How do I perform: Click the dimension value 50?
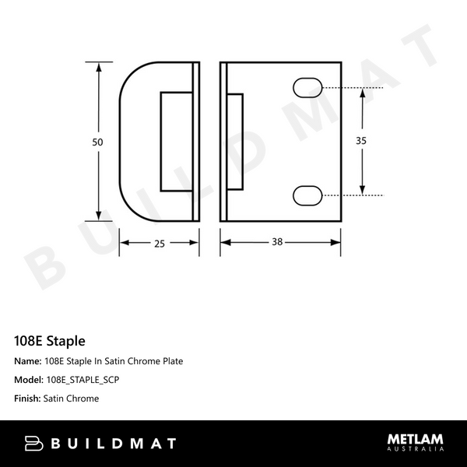(x=97, y=142)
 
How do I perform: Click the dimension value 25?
(x=159, y=243)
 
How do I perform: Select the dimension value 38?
(x=276, y=243)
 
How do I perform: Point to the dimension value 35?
(x=361, y=141)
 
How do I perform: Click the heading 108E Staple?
(x=50, y=341)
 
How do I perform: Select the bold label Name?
(x=28, y=361)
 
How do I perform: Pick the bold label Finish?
(x=30, y=399)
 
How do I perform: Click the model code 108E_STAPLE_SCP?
(x=83, y=380)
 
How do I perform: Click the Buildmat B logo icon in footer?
(x=32, y=444)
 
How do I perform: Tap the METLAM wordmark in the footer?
(x=416, y=440)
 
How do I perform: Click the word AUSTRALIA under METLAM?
(x=416, y=450)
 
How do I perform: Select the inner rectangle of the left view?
(x=177, y=141)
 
